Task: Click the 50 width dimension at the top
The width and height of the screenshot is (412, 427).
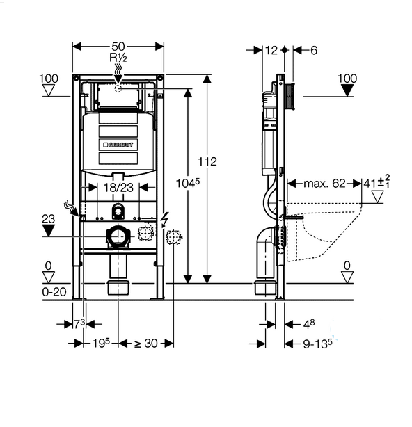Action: [118, 47]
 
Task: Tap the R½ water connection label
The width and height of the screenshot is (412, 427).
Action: [118, 58]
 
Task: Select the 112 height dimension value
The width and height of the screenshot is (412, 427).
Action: [207, 161]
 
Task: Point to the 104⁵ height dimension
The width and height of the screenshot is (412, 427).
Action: [188, 183]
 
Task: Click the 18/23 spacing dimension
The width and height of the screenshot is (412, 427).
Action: [118, 187]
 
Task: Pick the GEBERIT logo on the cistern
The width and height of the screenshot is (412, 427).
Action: [118, 145]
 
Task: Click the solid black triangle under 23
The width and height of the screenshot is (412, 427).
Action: [49, 230]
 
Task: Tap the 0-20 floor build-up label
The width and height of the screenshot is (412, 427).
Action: [54, 292]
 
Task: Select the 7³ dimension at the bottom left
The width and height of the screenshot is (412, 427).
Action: [79, 324]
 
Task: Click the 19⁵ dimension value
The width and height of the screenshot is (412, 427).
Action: [101, 343]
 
